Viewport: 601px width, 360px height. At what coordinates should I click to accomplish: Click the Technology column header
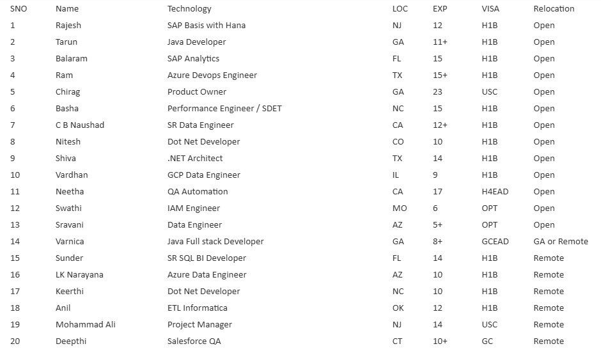tap(189, 9)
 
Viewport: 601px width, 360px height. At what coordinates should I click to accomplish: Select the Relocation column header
tap(554, 9)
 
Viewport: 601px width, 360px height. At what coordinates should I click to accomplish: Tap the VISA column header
tap(490, 9)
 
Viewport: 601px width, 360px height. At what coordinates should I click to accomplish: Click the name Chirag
tap(68, 92)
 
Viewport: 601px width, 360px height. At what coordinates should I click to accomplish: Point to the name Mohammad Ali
tap(85, 325)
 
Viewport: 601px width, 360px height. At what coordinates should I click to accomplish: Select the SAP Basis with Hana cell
tap(207, 26)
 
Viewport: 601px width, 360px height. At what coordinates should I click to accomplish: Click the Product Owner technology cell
tap(197, 92)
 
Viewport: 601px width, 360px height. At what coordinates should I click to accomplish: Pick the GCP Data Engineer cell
tap(204, 175)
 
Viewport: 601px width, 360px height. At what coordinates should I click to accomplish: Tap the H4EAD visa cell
tap(495, 192)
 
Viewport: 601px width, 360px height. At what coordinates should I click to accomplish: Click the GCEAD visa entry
tap(495, 242)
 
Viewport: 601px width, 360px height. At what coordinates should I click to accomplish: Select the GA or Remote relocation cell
tap(561, 242)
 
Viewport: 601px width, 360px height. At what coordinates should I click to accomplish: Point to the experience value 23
tap(437, 92)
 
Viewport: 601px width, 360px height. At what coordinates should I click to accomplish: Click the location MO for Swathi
tap(400, 208)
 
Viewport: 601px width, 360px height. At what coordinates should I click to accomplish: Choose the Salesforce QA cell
tap(194, 341)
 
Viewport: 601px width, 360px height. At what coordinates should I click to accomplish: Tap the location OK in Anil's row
tap(398, 308)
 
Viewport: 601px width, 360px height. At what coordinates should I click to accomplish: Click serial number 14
tap(15, 242)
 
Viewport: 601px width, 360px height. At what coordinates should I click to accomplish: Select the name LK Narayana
tap(79, 275)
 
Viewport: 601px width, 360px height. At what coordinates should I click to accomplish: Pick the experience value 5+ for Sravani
tap(437, 225)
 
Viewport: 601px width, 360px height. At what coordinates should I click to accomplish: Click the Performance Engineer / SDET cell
tap(224, 109)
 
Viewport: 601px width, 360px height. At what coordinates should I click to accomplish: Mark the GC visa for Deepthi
tap(487, 341)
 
